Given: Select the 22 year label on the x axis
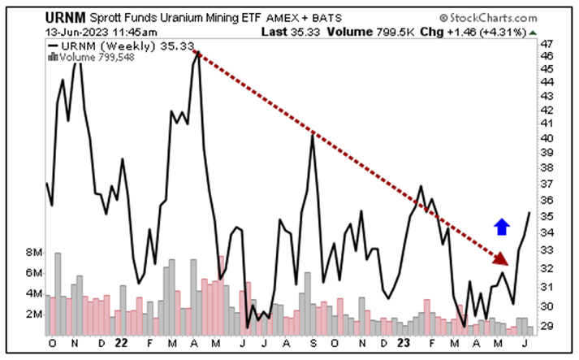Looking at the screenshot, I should (121, 343).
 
